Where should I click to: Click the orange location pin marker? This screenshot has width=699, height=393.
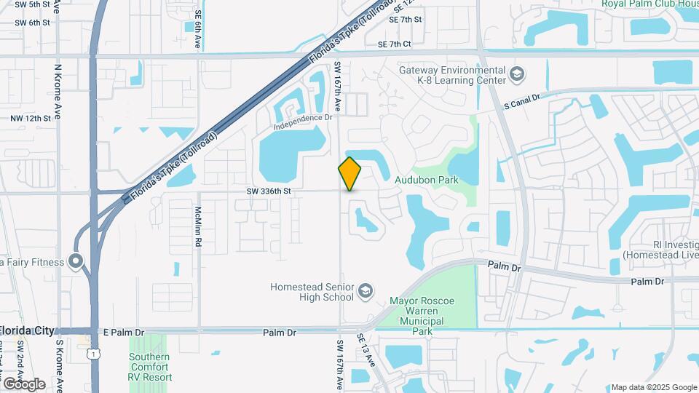pyautogui.click(x=349, y=174)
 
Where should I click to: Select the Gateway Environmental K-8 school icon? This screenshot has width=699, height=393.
pyautogui.click(x=516, y=74)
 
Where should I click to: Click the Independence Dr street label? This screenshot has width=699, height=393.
pyautogui.click(x=303, y=120)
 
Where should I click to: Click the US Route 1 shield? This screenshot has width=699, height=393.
pyautogui.click(x=91, y=353)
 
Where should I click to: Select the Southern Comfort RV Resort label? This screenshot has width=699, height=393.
pyautogui.click(x=151, y=367)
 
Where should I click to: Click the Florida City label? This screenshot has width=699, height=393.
pyautogui.click(x=28, y=330)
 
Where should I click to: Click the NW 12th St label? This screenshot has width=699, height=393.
pyautogui.click(x=31, y=118)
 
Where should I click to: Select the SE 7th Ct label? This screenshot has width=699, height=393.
pyautogui.click(x=395, y=44)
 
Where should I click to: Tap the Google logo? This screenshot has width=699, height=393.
pyautogui.click(x=24, y=384)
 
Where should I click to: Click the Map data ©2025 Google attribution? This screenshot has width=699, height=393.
pyautogui.click(x=653, y=387)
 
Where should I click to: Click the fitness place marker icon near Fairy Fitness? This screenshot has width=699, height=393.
pyautogui.click(x=75, y=261)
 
